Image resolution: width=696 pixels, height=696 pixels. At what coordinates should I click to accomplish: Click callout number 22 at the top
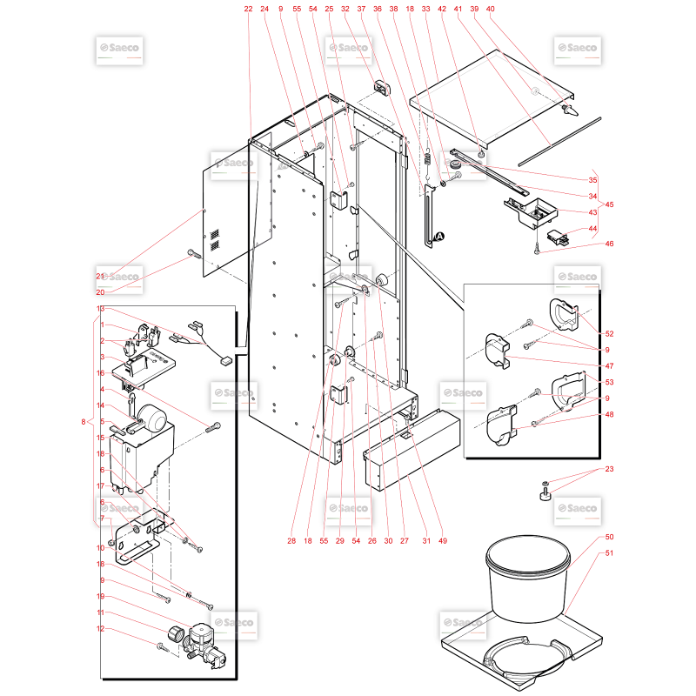click(x=248, y=9)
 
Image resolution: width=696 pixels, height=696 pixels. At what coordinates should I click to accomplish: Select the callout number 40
click(x=490, y=9)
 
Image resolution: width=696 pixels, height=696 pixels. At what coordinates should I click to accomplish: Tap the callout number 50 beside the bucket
click(x=610, y=537)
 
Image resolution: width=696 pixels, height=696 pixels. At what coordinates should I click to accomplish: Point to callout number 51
click(x=610, y=553)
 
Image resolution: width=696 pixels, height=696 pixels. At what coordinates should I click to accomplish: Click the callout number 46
click(x=610, y=244)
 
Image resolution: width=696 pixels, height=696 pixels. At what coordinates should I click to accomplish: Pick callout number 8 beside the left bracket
click(x=84, y=422)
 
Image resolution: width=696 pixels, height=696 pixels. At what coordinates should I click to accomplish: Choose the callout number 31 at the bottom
click(x=426, y=540)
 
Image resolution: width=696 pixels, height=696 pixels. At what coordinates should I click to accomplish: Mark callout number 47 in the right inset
click(x=610, y=366)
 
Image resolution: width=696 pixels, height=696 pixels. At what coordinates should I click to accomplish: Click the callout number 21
click(x=100, y=276)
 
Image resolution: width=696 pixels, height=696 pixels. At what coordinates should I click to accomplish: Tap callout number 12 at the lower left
click(x=100, y=628)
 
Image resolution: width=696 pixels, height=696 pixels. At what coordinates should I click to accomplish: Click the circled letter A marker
click(x=439, y=237)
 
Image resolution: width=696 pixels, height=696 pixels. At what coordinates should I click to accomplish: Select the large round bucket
click(x=527, y=578)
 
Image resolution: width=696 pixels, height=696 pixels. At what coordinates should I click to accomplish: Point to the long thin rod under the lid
click(x=559, y=142)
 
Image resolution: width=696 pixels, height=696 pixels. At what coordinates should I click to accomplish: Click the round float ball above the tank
click(x=151, y=417)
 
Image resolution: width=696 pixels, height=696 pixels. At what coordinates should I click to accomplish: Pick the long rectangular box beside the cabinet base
click(x=412, y=449)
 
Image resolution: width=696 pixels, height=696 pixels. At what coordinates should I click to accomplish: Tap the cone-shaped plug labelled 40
click(x=571, y=110)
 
